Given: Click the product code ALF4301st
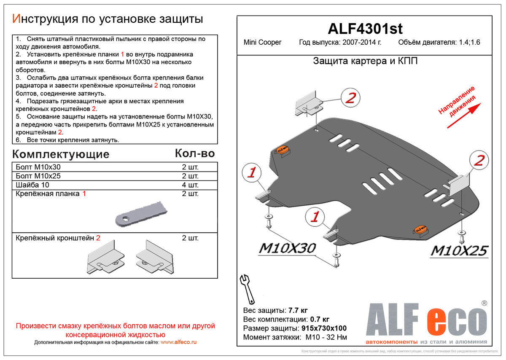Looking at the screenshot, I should [x=365, y=29].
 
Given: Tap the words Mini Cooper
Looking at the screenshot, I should [x=262, y=43].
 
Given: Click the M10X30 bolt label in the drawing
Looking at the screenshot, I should [x=287, y=249].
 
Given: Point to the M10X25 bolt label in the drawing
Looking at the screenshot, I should [x=459, y=251].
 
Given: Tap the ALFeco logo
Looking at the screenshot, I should [x=426, y=322].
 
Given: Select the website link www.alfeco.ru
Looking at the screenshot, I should [x=179, y=342].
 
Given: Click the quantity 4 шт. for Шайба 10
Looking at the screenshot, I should [x=190, y=185].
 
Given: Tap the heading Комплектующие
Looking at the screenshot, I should [x=61, y=154].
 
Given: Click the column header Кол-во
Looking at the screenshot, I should [x=195, y=153].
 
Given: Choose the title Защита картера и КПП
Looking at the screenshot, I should [x=365, y=61].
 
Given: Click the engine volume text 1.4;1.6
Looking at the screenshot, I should [x=469, y=43].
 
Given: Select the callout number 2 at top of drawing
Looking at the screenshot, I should [x=351, y=98].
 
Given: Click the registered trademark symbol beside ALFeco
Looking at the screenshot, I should [x=484, y=303].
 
